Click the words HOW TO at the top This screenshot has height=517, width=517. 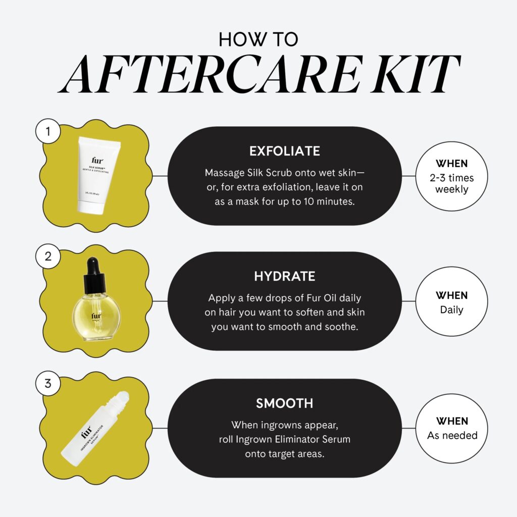(x=258, y=40)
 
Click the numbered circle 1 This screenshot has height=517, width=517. (x=48, y=132)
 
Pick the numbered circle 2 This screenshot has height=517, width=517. (x=48, y=255)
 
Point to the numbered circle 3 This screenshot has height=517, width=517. (x=48, y=383)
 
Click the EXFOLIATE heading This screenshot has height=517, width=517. (x=285, y=151)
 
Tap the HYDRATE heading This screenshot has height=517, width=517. (x=285, y=276)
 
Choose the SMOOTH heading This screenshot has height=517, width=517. (x=285, y=403)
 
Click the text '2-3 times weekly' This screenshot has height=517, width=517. (x=452, y=184)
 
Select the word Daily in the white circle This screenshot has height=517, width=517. (x=452, y=309)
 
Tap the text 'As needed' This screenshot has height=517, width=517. (x=452, y=435)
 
